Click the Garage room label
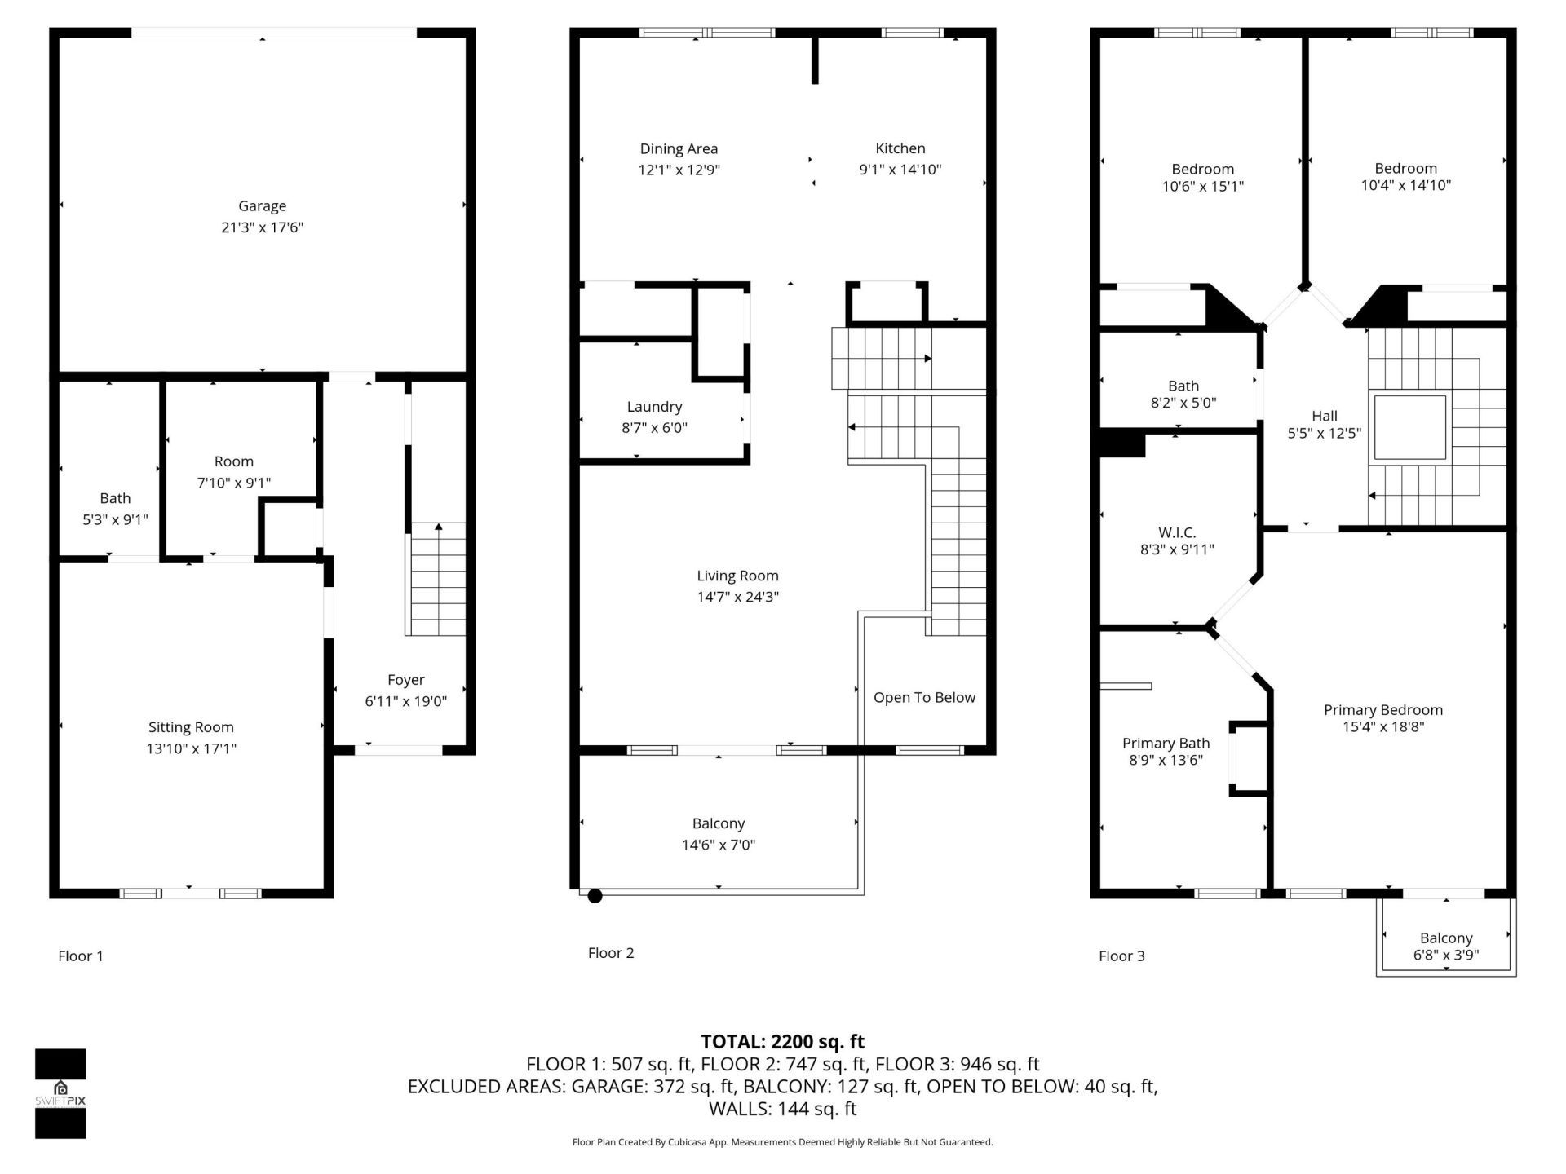(262, 206)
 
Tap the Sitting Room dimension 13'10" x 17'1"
(191, 748)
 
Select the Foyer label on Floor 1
(405, 680)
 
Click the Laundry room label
(654, 407)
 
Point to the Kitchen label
(900, 148)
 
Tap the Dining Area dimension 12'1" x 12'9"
(679, 170)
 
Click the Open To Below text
(924, 697)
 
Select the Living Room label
(737, 576)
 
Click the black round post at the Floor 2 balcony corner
(595, 896)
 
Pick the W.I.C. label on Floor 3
(1177, 532)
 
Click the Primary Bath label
(1166, 743)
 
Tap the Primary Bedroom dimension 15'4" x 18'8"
(1383, 726)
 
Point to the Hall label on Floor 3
(1324, 416)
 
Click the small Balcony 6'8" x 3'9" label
(1446, 938)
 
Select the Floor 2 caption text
(610, 952)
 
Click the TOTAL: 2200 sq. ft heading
(782, 1041)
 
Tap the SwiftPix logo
(60, 1092)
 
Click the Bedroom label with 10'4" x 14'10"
(1405, 169)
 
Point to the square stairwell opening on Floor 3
(1409, 427)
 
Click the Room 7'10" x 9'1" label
(233, 461)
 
